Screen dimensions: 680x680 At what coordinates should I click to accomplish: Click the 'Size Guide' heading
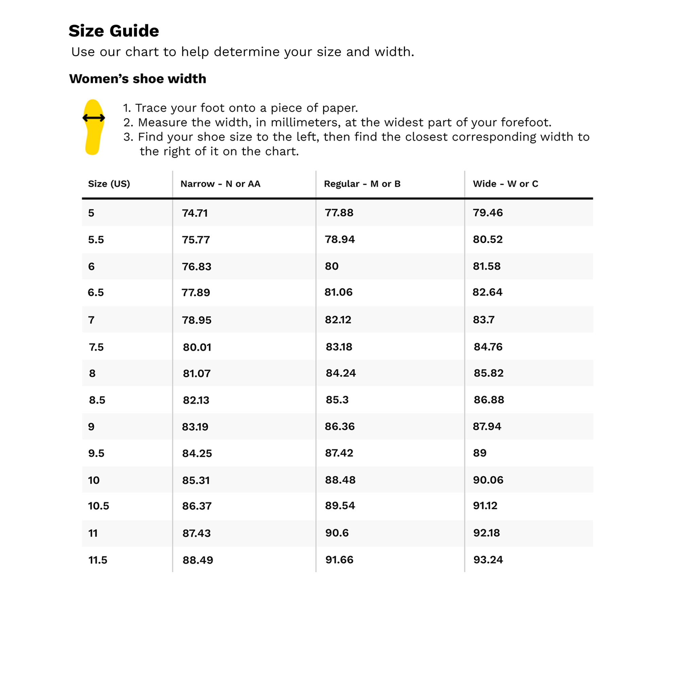tap(114, 31)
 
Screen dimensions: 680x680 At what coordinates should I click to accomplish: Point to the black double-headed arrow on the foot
tap(93, 118)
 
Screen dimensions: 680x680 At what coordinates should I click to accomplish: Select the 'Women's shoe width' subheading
tap(138, 79)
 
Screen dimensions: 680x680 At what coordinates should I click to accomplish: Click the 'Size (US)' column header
tap(109, 184)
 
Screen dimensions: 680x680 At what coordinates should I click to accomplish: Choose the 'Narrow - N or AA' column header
tap(220, 184)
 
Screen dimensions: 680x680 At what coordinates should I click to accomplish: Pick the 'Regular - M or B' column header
tap(362, 184)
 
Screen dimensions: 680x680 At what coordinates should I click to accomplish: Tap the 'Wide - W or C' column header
tap(506, 184)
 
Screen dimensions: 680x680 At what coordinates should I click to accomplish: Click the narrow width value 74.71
tap(194, 213)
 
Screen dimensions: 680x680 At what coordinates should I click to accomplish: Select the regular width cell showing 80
tap(331, 266)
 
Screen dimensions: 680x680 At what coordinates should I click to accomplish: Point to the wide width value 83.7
tap(483, 320)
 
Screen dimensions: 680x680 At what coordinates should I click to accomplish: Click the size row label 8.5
tap(97, 400)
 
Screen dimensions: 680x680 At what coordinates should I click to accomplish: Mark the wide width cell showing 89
tap(479, 453)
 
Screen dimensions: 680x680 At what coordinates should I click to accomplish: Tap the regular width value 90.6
tap(337, 532)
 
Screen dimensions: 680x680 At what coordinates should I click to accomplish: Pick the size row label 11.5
tap(98, 560)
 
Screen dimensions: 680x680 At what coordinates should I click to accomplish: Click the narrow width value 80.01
tap(197, 347)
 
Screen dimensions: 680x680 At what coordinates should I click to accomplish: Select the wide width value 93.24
tap(488, 560)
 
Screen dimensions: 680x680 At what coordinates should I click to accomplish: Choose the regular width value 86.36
tap(340, 426)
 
